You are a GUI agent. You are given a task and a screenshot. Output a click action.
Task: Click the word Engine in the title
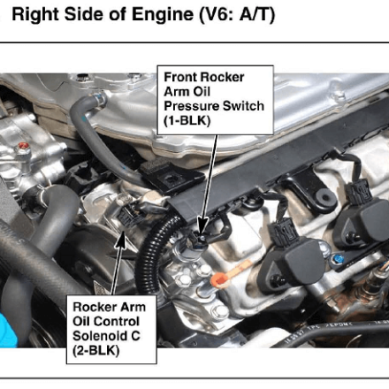(x=163, y=14)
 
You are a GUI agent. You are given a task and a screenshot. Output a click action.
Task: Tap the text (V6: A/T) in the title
(x=237, y=15)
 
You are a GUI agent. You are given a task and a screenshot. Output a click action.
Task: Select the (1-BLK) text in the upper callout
(x=187, y=121)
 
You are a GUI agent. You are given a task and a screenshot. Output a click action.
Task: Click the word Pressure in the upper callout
(x=190, y=106)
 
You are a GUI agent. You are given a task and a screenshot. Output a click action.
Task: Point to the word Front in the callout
(x=179, y=77)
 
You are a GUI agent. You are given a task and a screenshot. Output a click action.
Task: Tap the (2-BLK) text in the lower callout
(x=96, y=351)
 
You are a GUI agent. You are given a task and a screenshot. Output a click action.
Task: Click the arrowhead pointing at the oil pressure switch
(x=202, y=226)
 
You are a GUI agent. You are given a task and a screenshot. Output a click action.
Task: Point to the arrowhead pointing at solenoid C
(x=121, y=241)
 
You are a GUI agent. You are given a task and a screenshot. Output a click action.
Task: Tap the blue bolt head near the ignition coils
(x=338, y=259)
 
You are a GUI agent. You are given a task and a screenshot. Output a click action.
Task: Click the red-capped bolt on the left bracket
(x=24, y=146)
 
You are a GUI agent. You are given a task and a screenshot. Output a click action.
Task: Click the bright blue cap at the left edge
(x=8, y=330)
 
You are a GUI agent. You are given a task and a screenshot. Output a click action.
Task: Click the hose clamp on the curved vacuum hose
(x=99, y=98)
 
